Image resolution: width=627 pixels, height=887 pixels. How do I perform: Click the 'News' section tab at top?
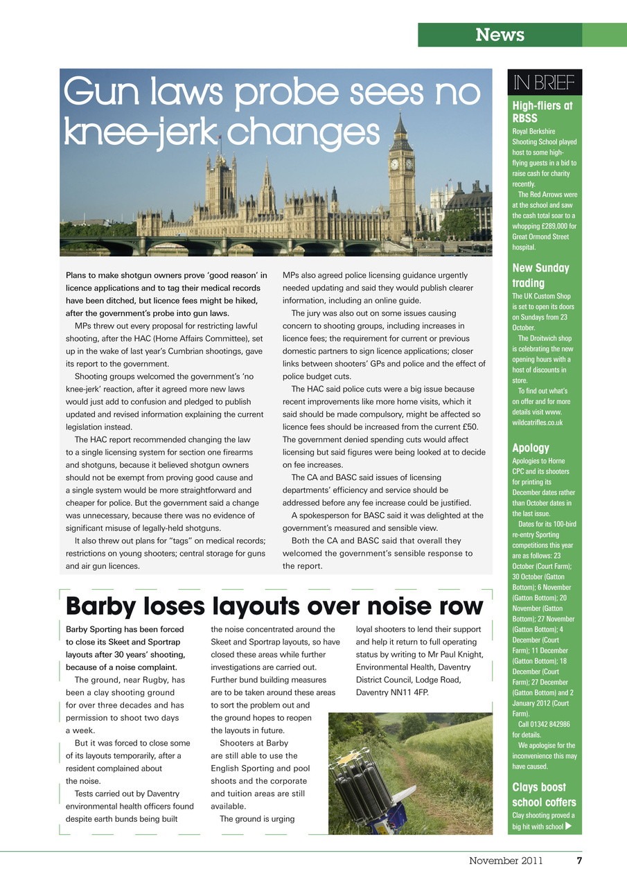point(500,35)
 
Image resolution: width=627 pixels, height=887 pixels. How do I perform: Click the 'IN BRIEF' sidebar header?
point(544,83)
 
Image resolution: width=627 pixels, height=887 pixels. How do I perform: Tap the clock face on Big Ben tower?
point(395,164)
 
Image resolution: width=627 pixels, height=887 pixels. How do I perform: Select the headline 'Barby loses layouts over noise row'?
point(274,606)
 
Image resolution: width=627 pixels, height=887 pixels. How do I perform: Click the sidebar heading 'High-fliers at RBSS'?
point(542,112)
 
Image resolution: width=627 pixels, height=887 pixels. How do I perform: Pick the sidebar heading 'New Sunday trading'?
point(540,275)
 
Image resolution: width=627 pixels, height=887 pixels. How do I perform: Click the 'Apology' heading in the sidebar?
point(531,448)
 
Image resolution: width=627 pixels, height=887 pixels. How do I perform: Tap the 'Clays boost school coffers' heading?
point(539,795)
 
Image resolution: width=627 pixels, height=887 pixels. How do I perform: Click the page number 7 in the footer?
point(579,861)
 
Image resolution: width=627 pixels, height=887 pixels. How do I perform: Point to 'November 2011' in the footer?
point(506,861)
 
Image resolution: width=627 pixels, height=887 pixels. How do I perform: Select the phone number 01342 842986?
point(548,724)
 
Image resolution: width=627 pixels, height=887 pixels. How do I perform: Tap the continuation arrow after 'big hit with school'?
point(569,826)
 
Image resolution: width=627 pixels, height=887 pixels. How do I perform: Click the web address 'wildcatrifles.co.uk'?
point(537,422)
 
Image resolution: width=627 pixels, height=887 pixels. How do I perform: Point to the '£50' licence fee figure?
point(470,426)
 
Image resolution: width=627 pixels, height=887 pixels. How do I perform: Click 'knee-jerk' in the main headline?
point(139,132)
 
